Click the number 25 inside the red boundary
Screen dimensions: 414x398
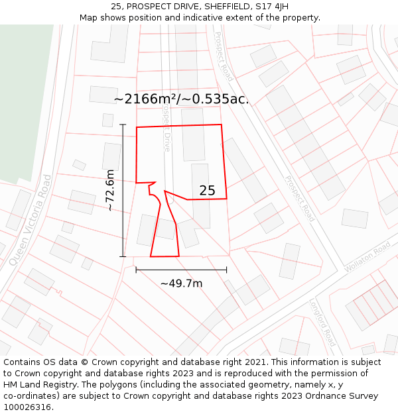click(x=207, y=191)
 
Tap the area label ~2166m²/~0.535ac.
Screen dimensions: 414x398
click(x=181, y=99)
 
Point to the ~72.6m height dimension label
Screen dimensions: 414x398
click(x=111, y=190)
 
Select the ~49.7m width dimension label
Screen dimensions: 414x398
click(x=181, y=284)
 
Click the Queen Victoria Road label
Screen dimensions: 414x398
click(x=31, y=220)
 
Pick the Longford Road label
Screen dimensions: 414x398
click(x=322, y=323)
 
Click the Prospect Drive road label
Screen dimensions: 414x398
click(x=166, y=130)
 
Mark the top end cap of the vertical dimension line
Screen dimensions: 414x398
click(x=123, y=125)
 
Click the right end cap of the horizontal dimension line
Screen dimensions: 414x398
click(x=226, y=270)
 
